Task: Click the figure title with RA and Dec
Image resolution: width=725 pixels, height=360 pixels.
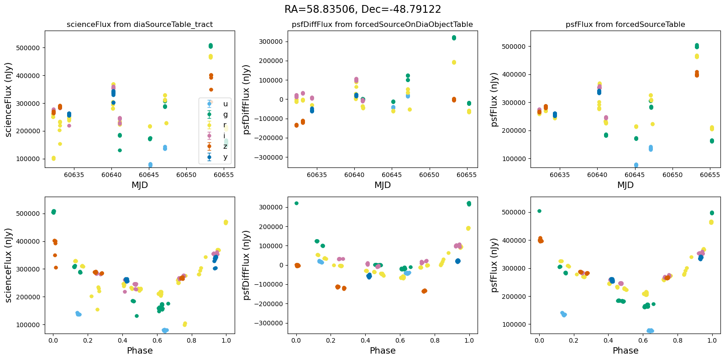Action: point(362,10)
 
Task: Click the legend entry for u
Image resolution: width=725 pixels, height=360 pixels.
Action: point(225,104)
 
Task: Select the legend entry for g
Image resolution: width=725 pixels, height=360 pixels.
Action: point(225,115)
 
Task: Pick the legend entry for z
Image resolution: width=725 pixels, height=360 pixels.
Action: point(225,146)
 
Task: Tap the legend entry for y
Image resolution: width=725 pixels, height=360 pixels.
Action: point(225,157)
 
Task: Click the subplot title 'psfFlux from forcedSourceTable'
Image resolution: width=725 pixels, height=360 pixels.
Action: point(625,25)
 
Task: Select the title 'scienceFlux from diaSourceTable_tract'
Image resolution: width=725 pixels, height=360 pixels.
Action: point(140,25)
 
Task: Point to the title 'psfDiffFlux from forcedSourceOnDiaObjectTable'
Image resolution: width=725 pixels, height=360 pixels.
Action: point(383,25)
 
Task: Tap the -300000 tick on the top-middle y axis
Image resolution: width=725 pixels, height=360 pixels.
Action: point(269,157)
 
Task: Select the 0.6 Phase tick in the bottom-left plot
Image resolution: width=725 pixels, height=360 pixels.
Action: point(157,340)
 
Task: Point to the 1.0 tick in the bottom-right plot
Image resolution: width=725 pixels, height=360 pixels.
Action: point(712,340)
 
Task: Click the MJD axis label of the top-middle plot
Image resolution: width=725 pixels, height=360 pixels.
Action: point(383,185)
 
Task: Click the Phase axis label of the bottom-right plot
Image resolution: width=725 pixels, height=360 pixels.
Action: point(625,350)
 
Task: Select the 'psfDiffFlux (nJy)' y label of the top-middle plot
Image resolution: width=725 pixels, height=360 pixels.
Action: point(247,99)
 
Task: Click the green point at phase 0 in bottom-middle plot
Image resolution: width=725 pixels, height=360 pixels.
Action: point(296,203)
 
